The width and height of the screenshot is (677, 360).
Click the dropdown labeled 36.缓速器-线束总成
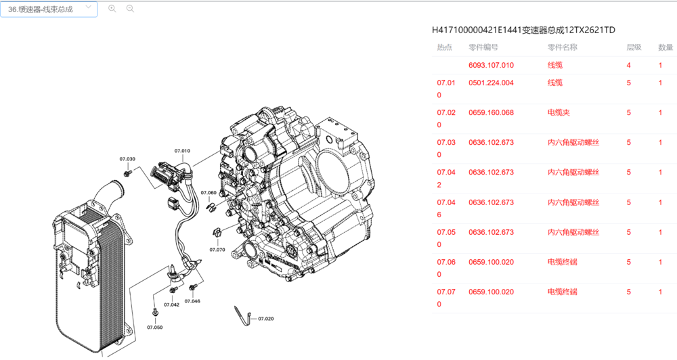(x=49, y=9)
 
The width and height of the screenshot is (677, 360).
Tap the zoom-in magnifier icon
(x=112, y=9)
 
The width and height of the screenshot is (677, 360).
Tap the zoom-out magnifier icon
(x=130, y=9)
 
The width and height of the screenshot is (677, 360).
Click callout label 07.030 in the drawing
(x=127, y=159)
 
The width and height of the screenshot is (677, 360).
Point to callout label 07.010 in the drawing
(x=182, y=150)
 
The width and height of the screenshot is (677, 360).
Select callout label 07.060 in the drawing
(x=208, y=193)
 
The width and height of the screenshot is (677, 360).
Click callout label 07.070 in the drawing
(x=217, y=250)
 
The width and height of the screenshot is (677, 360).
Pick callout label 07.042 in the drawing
(x=171, y=305)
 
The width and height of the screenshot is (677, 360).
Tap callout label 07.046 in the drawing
(x=192, y=300)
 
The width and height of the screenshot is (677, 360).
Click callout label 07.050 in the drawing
(x=155, y=327)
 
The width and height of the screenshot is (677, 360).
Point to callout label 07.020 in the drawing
(x=265, y=318)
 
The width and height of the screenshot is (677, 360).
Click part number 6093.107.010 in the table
(x=491, y=66)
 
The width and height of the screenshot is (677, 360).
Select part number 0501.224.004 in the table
(x=491, y=83)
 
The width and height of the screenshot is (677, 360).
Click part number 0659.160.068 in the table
(x=491, y=113)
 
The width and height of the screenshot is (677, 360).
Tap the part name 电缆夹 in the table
(x=559, y=113)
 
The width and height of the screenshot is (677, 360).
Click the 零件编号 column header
(x=483, y=47)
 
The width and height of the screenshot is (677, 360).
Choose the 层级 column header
(x=634, y=47)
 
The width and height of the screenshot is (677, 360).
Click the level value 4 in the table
(x=629, y=66)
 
